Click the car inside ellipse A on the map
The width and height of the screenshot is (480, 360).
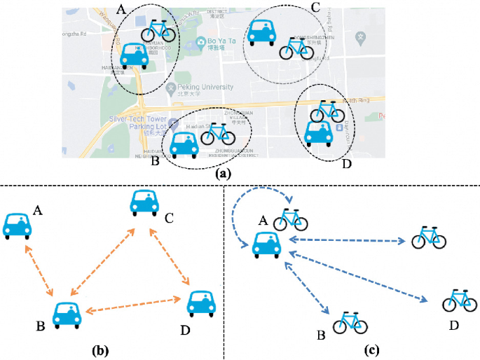pyautogui.click(x=135, y=57)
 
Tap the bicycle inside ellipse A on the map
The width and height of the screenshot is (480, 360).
pyautogui.click(x=158, y=32)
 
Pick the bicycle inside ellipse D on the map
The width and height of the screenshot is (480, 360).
pyautogui.click(x=327, y=111)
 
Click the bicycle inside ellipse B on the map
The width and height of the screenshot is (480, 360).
pyautogui.click(x=218, y=134)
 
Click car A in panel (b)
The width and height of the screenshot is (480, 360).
pyautogui.click(x=17, y=225)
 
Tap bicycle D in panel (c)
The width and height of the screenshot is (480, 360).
pyautogui.click(x=460, y=300)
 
